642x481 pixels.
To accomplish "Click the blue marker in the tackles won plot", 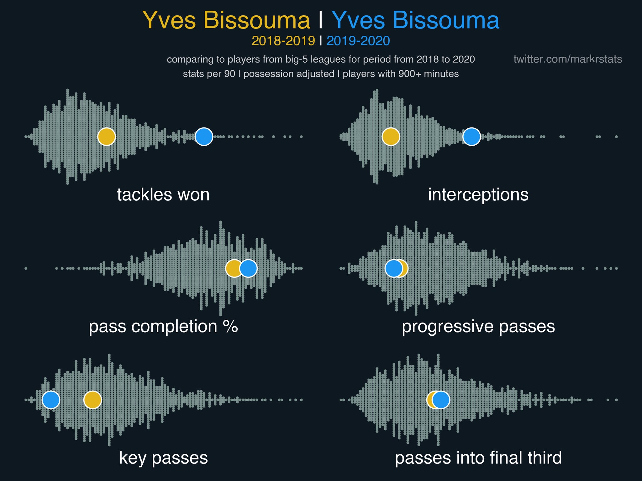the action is tap(204, 137).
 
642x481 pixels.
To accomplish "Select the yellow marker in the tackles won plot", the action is tap(107, 137).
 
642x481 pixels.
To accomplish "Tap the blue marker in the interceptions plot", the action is tap(471, 137).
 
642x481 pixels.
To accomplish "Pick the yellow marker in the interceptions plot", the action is tap(391, 137).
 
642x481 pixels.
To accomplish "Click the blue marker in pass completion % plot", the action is tap(248, 268).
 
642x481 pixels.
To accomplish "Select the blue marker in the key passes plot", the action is tap(51, 400).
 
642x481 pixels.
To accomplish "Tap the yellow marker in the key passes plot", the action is tap(92, 400).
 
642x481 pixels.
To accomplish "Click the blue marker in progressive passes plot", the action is tap(394, 268).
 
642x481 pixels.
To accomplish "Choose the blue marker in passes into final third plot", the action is tap(441, 400).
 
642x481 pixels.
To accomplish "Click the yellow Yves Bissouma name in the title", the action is tap(226, 20).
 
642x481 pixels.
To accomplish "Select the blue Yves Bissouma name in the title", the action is tap(415, 20).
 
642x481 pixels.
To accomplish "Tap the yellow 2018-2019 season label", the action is tap(283, 41).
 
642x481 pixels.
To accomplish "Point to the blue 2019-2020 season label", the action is tap(358, 41).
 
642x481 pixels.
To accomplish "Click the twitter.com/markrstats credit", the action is tap(568, 59).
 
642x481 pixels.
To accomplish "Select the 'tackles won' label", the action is tap(163, 194).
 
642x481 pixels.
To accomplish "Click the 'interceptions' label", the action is tap(478, 195).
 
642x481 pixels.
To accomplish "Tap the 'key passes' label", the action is tap(163, 458).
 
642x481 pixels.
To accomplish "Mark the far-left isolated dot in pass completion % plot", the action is tap(26, 268).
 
